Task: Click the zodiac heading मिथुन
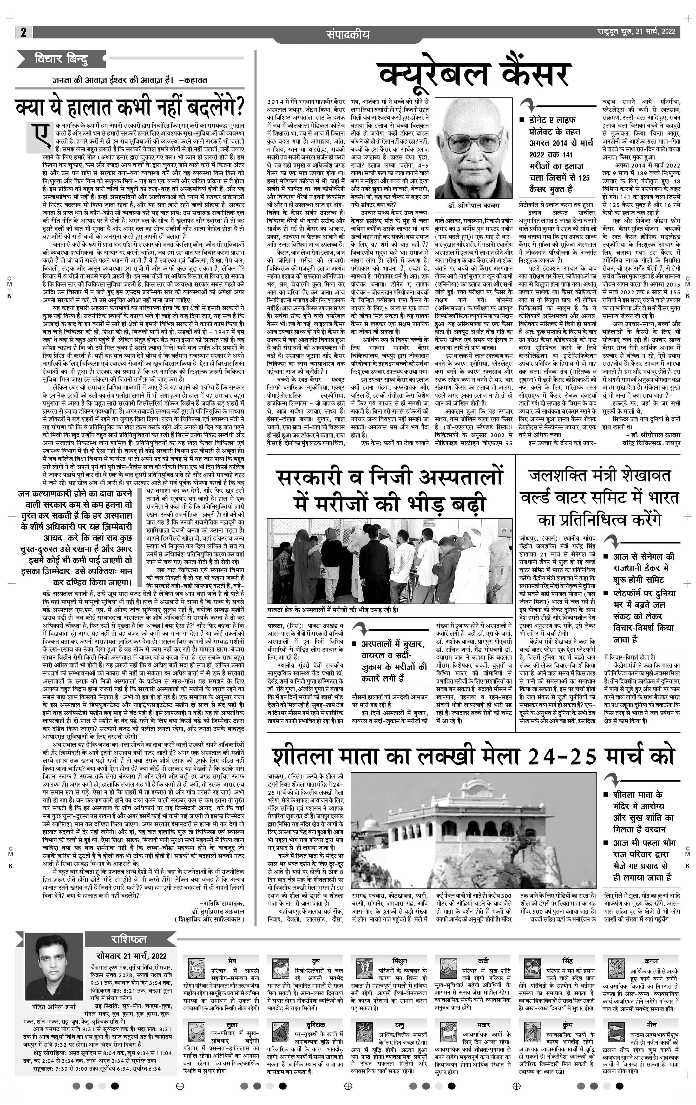coord(399,961)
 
